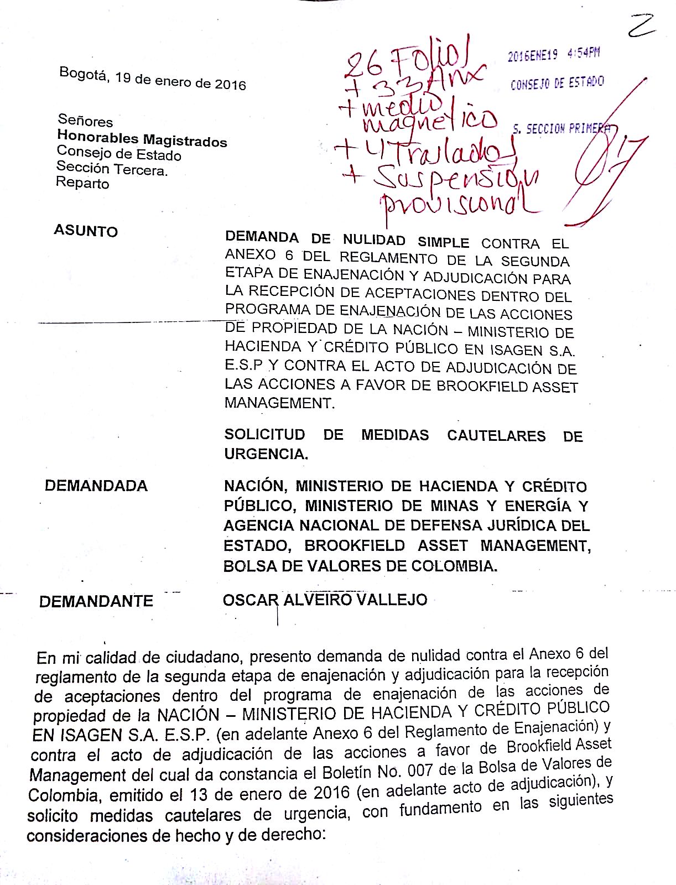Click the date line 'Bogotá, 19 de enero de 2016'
(153, 78)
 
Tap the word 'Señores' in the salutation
(85, 120)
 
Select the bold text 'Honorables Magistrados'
(142, 138)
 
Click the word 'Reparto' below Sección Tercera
(82, 183)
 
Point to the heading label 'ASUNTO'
(86, 231)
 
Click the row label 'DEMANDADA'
(96, 486)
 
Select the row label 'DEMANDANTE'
(96, 601)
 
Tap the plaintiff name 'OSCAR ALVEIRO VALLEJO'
(325, 600)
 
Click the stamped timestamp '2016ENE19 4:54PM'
(554, 55)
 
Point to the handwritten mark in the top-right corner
(642, 25)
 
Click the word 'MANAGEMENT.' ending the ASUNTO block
(279, 403)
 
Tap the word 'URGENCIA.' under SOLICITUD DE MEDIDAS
(266, 454)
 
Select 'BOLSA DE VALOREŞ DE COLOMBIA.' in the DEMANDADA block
(360, 566)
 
